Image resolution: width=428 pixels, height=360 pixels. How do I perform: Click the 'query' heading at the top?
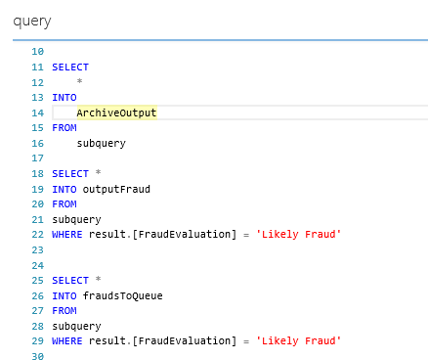(32, 21)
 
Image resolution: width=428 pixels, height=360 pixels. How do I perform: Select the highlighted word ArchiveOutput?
(116, 112)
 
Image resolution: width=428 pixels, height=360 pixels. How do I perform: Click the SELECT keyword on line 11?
(70, 67)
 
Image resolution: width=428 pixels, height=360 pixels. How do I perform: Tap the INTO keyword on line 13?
(64, 98)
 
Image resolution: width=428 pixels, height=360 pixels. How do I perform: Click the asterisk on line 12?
(80, 82)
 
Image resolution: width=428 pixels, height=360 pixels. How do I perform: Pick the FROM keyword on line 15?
(64, 128)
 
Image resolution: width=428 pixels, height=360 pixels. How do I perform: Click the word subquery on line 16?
(101, 143)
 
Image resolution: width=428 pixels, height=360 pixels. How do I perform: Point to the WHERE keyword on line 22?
(67, 234)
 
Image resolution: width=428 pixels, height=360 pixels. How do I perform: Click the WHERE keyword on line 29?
(67, 339)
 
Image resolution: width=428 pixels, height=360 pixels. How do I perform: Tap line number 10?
(37, 52)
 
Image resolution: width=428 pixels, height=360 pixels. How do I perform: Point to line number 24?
(37, 264)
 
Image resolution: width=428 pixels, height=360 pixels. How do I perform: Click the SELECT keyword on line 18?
(70, 173)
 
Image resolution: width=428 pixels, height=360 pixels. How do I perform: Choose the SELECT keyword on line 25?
(70, 279)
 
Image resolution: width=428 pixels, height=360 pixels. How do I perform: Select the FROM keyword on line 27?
(64, 309)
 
